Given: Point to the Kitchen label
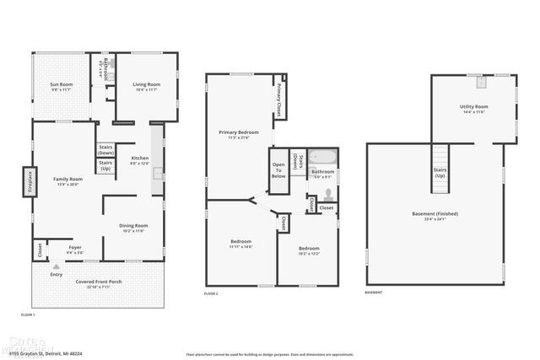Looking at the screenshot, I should pos(139,160).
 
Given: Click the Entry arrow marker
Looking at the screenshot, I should pos(57,267).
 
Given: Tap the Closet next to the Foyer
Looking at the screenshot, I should pos(39,250).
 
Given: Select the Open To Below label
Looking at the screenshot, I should pos(278,166).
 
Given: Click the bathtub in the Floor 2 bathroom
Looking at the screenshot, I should pos(321,157).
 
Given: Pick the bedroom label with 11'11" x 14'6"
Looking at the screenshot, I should pos(241,244).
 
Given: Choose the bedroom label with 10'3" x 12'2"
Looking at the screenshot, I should pos(309,250).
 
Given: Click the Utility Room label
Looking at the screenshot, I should pos(473,108).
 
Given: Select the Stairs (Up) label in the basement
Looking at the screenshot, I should pos(439,172).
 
